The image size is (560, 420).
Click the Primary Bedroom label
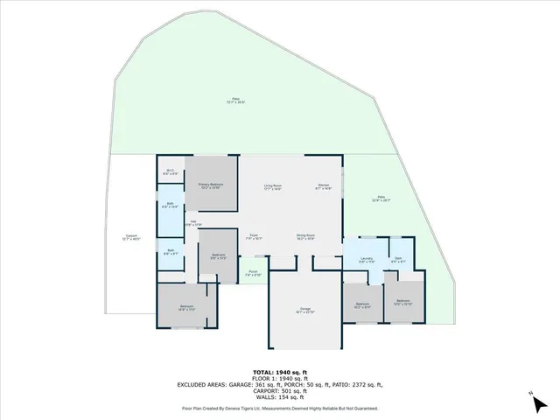(210, 186)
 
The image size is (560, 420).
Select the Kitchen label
(323, 186)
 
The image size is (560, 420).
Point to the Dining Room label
(305, 236)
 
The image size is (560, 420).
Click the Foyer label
(254, 236)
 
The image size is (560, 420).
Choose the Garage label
(304, 311)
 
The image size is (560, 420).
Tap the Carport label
(132, 237)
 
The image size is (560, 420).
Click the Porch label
(253, 273)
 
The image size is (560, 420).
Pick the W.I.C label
(171, 172)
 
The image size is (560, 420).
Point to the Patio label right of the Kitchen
(381, 199)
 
